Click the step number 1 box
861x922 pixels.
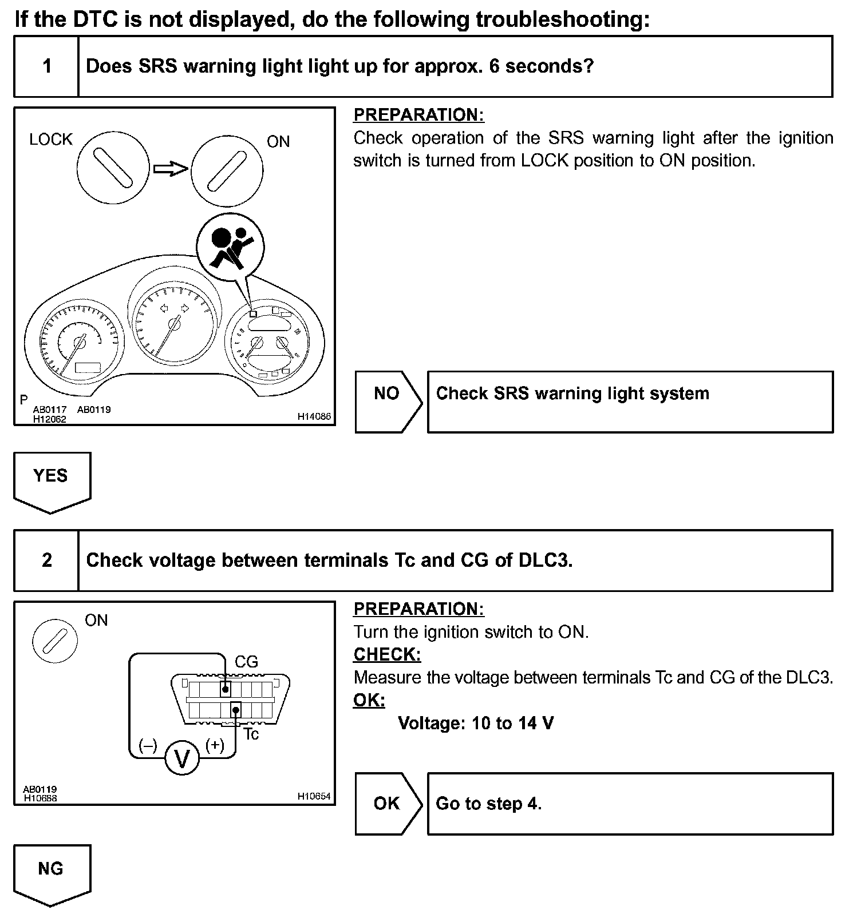pos(46,66)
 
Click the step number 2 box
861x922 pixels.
pos(46,560)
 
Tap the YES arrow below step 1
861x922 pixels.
pos(52,479)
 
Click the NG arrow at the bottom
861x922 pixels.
pos(52,872)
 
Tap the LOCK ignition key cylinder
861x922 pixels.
pos(113,166)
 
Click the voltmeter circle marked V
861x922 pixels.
pos(182,759)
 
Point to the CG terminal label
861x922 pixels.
pos(246,662)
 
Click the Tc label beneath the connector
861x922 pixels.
pos(251,734)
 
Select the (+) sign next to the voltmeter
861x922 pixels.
pos(215,745)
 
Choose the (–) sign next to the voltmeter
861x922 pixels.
pos(148,745)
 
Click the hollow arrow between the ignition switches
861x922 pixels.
pos(171,168)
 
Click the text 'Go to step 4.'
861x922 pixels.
pos(488,804)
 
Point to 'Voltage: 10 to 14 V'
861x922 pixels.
pos(476,724)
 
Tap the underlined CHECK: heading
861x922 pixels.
pos(387,654)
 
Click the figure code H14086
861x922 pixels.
pos(314,416)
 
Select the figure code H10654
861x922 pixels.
pos(314,796)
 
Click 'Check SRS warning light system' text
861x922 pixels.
pos(572,394)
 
